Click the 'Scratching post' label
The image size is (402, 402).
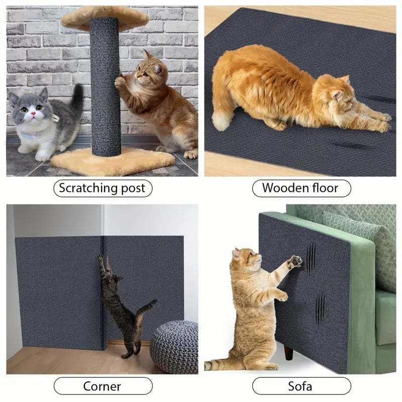tap(102, 188)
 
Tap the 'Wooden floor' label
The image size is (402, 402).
tap(300, 188)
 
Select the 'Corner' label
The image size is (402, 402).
tap(102, 386)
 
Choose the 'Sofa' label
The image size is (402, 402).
tap(300, 386)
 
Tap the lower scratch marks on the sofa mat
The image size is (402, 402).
tap(320, 308)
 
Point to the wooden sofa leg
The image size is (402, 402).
tap(288, 352)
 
